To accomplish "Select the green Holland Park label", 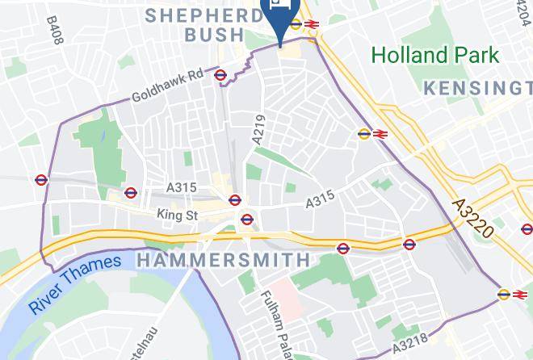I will [x=435, y=56].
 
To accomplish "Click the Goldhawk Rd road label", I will [x=167, y=88].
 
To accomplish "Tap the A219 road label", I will [x=258, y=129].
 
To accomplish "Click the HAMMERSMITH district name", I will [x=224, y=260].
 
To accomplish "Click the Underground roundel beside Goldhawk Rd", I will [x=220, y=75].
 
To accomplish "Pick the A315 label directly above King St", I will [x=183, y=187].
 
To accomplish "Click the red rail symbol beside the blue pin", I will [x=313, y=24].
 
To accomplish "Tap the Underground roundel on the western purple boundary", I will [x=42, y=179].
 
